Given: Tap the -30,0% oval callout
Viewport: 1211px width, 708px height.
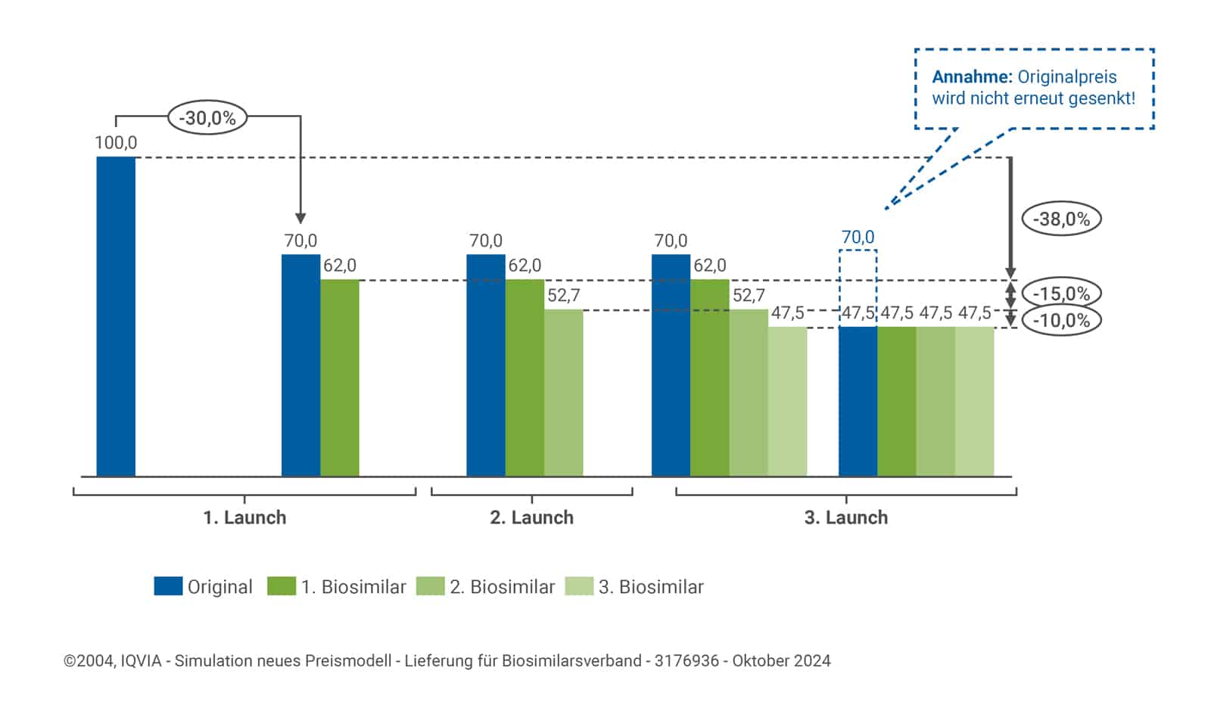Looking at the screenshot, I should click(x=207, y=118).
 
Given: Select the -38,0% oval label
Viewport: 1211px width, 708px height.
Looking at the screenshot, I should click(x=1061, y=219).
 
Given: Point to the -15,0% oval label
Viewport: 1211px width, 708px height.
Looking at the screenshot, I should click(x=1061, y=293).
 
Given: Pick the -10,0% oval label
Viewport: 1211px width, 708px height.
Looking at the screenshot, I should click(x=1061, y=320).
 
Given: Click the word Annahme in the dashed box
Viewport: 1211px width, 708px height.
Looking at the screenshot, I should click(x=972, y=77).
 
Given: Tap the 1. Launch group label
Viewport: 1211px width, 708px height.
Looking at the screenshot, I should click(x=244, y=518).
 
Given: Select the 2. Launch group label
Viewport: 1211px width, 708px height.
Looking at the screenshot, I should click(x=531, y=518).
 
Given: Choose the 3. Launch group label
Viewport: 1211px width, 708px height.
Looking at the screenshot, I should click(x=845, y=518).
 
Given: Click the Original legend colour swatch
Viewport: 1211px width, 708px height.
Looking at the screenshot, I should click(x=168, y=586).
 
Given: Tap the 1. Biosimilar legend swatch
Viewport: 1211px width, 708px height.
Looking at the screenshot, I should click(x=281, y=586).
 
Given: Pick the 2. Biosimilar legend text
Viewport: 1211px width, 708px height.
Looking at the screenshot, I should click(x=502, y=587).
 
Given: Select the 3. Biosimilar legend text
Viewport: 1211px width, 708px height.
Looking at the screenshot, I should click(x=651, y=587).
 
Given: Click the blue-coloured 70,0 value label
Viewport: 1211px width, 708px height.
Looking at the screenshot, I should click(x=858, y=238).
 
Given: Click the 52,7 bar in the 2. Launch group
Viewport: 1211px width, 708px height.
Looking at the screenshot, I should click(x=563, y=393).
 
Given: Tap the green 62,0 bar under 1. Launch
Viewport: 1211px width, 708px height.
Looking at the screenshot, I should click(x=340, y=377).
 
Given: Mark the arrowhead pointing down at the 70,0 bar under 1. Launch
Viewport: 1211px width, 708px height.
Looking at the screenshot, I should click(x=300, y=219).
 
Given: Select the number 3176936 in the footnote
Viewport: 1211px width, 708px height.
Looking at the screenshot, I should click(x=686, y=661).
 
